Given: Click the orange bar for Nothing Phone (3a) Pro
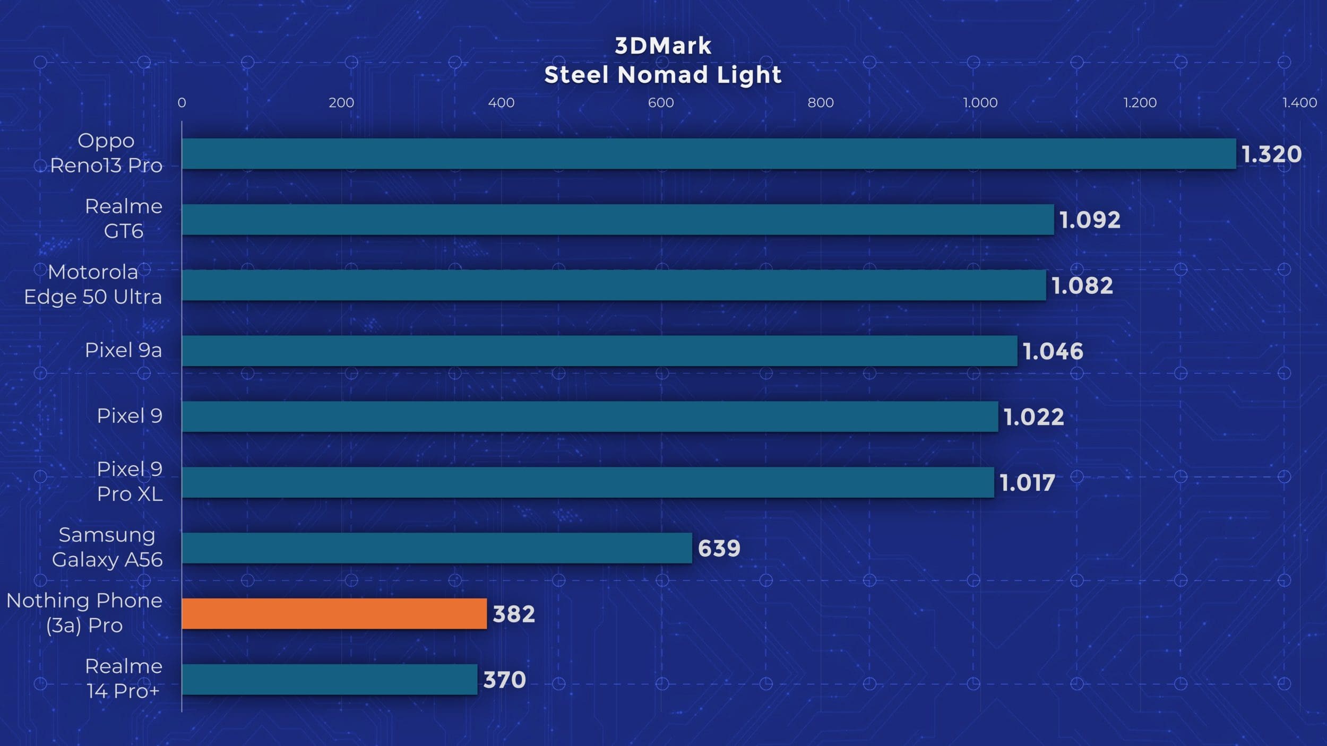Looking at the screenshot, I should pos(334,614).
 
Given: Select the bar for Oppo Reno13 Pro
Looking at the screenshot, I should pos(709,154).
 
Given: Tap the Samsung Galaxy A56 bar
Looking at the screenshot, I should pos(436,548).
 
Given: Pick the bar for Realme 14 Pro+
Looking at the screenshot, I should pos(329,680).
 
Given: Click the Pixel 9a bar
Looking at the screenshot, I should pos(599,351).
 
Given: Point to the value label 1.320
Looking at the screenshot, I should pos(1271,154).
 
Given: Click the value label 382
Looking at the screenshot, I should pos(513,614).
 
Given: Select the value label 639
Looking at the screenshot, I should pos(719,548).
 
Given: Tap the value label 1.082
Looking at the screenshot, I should pos(1082,285).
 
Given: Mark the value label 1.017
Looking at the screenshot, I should pos(1027,483).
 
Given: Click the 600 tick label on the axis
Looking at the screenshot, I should pos(661,102).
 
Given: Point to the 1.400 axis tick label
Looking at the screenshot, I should pos(1299,102).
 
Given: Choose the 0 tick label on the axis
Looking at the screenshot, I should pos(182,102).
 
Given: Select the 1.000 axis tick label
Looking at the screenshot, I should pos(980,102).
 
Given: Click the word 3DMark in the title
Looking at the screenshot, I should pos(663,46).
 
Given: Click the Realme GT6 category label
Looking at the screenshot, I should pos(124,219).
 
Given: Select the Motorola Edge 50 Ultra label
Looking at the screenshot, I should pos(93,284).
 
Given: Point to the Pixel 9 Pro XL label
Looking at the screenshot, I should pos(130,482).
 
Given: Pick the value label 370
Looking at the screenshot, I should pos(504,680).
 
